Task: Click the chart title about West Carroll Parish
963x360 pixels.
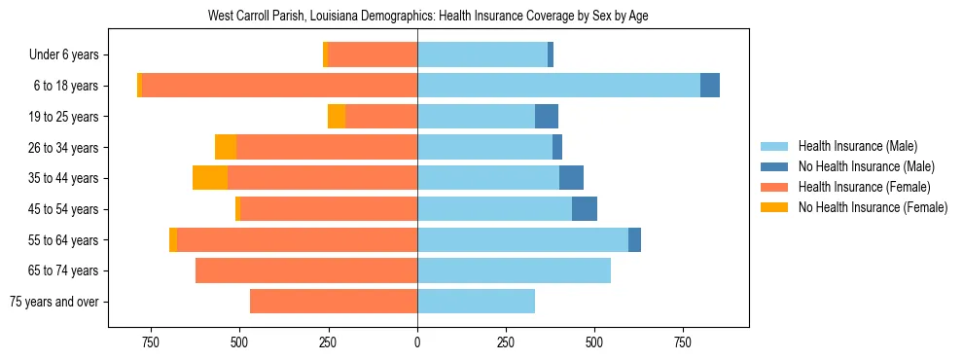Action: [428, 17]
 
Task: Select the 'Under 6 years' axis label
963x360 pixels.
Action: [71, 54]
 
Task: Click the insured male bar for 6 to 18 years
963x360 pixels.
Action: [558, 86]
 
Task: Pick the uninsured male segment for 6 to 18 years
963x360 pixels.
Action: [710, 86]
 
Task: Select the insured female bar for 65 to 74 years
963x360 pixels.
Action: [306, 270]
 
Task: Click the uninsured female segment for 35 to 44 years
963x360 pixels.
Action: [210, 178]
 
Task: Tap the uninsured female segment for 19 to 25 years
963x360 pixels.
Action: [337, 117]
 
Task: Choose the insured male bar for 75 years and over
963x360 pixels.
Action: [476, 302]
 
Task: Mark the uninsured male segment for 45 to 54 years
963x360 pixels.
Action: [585, 209]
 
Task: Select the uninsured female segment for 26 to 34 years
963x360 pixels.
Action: [226, 147]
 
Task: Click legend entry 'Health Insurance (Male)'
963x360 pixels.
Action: [857, 146]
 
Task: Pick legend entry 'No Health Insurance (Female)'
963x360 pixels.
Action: [873, 207]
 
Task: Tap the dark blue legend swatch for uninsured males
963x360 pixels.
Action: [774, 166]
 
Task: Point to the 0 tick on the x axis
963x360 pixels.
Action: [417, 342]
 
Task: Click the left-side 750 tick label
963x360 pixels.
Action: [150, 342]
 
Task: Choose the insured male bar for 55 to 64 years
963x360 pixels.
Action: [522, 239]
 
